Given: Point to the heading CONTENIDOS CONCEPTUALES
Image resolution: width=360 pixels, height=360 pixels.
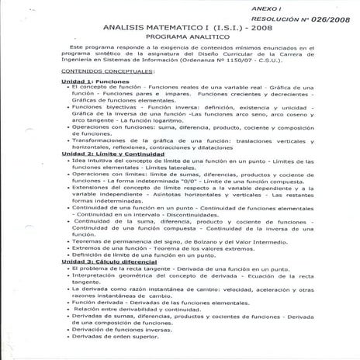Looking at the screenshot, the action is click(78, 71).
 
